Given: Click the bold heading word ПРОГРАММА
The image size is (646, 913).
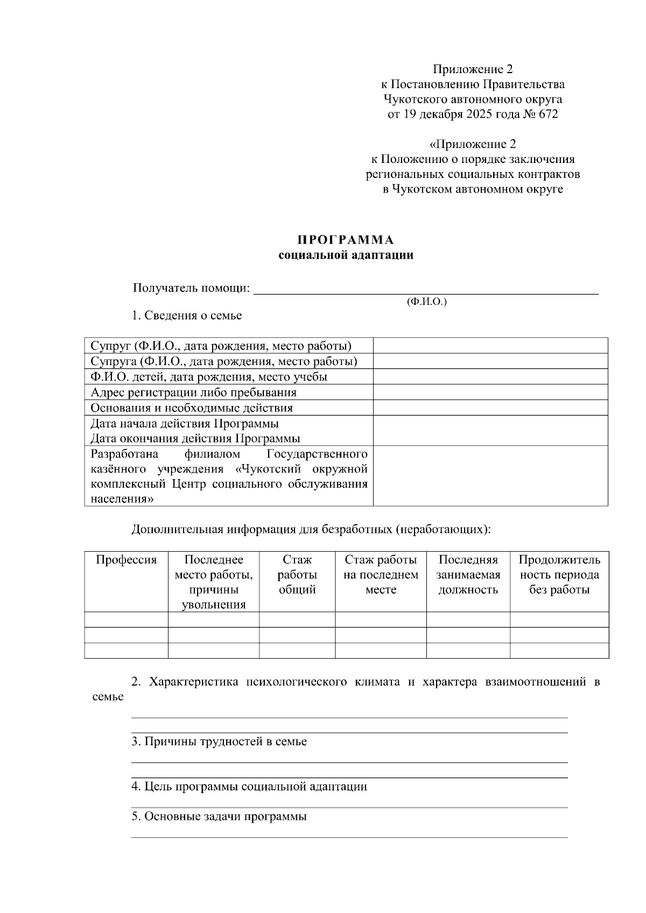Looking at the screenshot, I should [x=346, y=240].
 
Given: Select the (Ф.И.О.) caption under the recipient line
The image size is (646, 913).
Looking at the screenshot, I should [x=427, y=302].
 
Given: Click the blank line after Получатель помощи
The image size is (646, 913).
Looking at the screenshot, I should [x=425, y=290].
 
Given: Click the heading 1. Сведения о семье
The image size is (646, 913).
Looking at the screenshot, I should [x=187, y=316].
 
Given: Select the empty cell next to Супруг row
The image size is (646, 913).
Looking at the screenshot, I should [x=490, y=346].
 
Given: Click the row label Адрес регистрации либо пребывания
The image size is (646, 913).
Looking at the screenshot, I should [x=194, y=393].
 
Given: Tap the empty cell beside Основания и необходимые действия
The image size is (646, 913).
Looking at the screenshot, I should [x=490, y=408].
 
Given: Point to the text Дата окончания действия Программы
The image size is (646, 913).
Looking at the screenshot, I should [x=195, y=438].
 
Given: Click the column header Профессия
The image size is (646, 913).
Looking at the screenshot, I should [x=126, y=560].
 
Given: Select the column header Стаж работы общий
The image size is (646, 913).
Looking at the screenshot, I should [x=297, y=575].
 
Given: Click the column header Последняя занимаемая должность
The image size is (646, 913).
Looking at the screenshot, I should [x=468, y=575].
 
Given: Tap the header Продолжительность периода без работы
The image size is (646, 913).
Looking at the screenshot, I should [x=559, y=575].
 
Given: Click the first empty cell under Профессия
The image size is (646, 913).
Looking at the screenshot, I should [x=126, y=619].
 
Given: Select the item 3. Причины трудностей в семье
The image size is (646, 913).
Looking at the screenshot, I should [x=220, y=742].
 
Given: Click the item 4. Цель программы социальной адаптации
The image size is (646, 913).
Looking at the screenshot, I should [x=249, y=787].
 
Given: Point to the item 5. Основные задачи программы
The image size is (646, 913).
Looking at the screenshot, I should [x=220, y=817].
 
